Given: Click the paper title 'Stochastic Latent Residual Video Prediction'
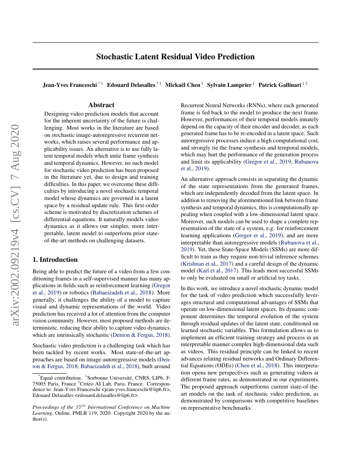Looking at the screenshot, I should [x=175, y=57].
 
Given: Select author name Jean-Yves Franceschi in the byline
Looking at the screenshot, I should [x=70, y=85].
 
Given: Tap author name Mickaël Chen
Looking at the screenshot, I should [x=183, y=85].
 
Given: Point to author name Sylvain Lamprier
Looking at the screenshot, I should [x=229, y=85].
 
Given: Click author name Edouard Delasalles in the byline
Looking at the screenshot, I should [x=131, y=85].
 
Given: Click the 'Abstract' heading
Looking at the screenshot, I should [x=101, y=105].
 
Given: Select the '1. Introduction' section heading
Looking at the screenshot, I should [x=55, y=260].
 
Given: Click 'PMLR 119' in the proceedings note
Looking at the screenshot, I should [x=86, y=413].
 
